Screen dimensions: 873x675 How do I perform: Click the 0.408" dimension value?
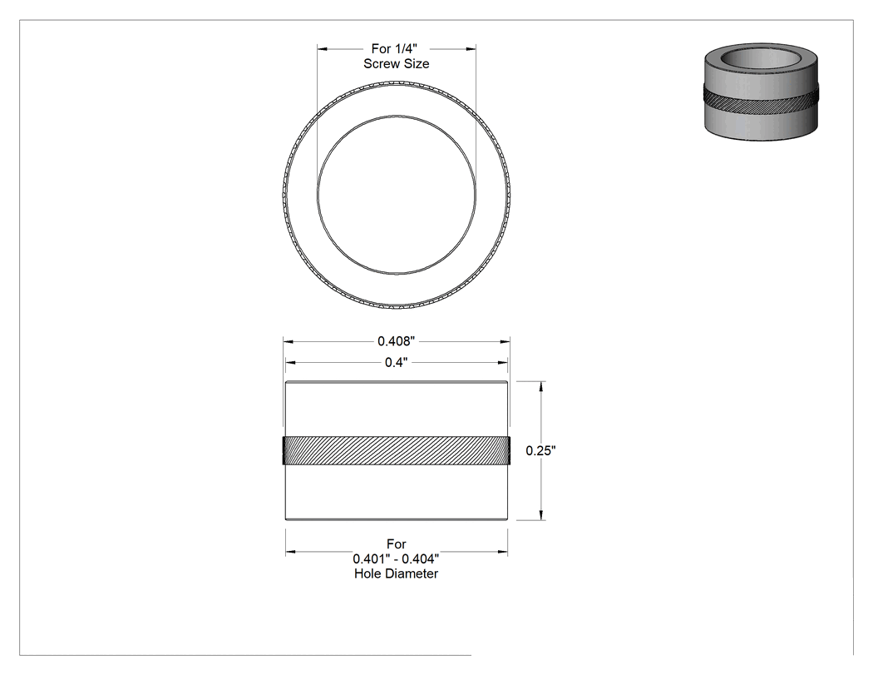[396, 341]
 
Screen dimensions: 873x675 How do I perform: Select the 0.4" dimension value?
[396, 363]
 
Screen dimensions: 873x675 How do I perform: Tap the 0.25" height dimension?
[540, 451]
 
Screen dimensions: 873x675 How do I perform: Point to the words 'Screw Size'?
[397, 64]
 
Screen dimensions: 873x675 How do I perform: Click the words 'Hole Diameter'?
[396, 573]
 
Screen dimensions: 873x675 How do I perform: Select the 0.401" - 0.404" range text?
[396, 558]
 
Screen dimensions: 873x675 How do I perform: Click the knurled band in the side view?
[397, 451]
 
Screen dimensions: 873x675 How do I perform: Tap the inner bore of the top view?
[397, 116]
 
